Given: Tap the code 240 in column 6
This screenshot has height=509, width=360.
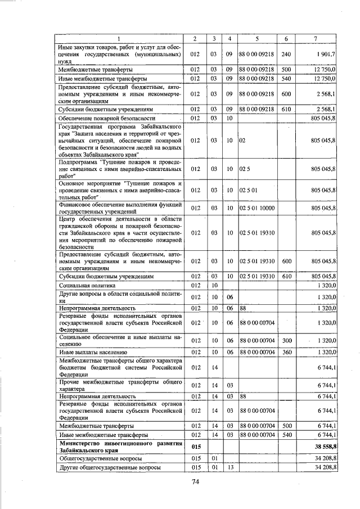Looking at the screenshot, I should coord(286,54).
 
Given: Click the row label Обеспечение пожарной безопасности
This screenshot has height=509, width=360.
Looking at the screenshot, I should coord(99,119).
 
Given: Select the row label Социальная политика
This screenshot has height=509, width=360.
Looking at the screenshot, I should coord(84,286).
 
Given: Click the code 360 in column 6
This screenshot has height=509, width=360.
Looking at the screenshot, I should coord(286,352).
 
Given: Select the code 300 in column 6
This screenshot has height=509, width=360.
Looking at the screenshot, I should coord(286,339).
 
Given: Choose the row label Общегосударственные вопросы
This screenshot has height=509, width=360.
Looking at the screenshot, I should coord(96,458).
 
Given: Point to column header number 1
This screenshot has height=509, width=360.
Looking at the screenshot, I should coord(119,38).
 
